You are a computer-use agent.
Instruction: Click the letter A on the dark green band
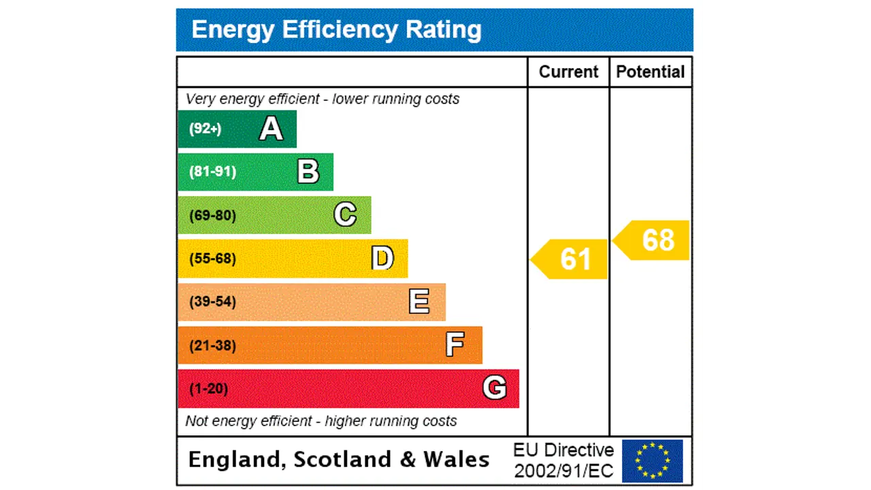click(271, 129)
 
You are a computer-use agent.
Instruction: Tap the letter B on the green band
click(308, 171)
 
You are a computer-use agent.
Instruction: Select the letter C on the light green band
click(345, 215)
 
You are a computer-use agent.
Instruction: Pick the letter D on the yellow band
click(382, 259)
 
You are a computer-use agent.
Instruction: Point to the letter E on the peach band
click(419, 301)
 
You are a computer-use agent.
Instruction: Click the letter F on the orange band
click(455, 345)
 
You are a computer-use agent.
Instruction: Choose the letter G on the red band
click(495, 388)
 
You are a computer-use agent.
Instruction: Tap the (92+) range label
click(205, 129)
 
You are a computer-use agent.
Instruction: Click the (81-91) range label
click(212, 171)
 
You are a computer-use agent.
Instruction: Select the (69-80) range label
click(212, 216)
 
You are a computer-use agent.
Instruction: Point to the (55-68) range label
click(212, 259)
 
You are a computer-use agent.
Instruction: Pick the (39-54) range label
click(212, 301)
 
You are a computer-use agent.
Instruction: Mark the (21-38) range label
click(212, 346)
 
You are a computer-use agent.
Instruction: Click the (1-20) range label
click(208, 389)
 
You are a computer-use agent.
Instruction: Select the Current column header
click(568, 72)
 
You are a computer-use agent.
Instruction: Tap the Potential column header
click(651, 72)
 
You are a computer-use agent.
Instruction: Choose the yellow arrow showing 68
click(653, 240)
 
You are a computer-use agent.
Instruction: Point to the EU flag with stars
click(652, 461)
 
